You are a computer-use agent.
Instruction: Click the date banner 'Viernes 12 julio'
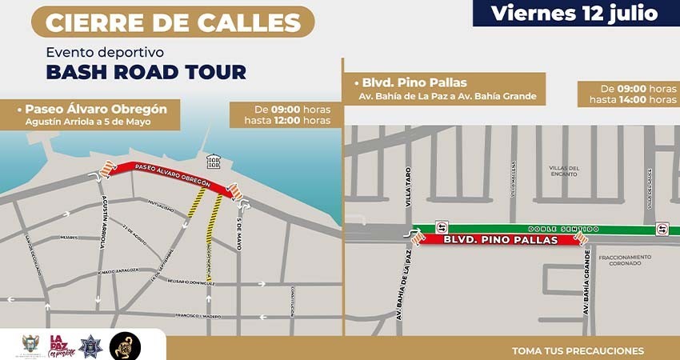[574, 13]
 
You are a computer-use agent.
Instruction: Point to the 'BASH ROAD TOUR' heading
[146, 72]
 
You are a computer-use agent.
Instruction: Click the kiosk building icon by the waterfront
[214, 162]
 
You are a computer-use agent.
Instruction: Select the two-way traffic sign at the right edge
[662, 229]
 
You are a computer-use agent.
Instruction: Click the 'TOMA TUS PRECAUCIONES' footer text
[578, 350]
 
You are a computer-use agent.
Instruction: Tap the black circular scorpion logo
[125, 345]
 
